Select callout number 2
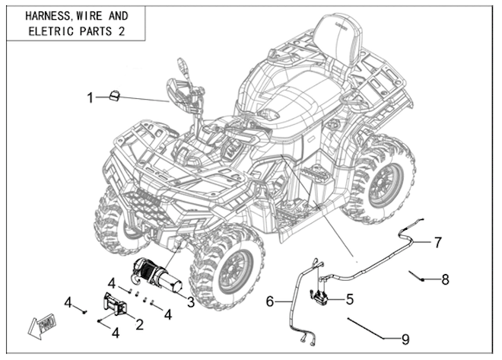click(139, 324)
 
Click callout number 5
click(349, 299)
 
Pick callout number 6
click(269, 302)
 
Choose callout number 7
click(438, 243)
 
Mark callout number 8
click(445, 279)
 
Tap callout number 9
click(405, 338)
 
